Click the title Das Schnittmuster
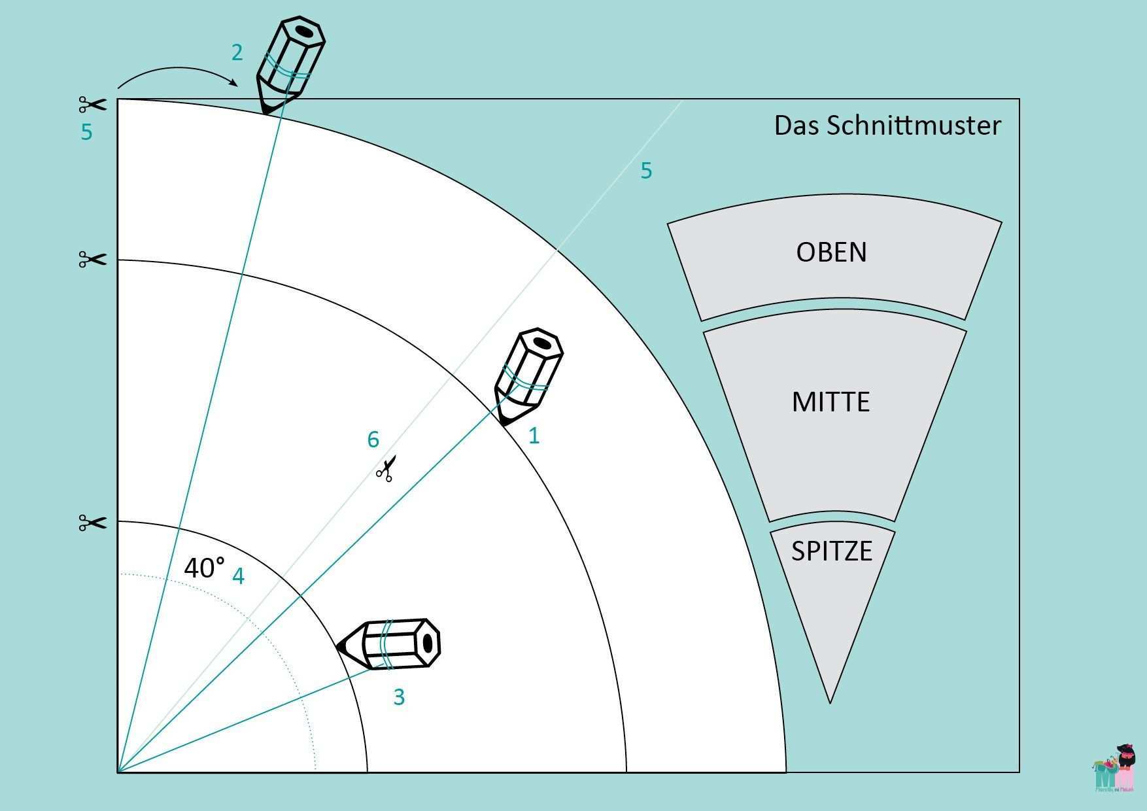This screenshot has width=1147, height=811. [887, 125]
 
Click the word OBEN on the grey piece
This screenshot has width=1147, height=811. [831, 252]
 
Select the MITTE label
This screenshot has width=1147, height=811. [830, 402]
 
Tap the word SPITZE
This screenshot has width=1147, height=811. [831, 551]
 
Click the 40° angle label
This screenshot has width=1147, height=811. [204, 568]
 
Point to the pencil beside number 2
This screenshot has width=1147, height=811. [289, 64]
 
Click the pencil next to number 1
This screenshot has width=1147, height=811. [528, 375]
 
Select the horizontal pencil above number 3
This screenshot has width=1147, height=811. [390, 644]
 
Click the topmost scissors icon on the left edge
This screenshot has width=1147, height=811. [92, 105]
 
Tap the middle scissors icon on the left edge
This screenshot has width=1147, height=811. [92, 260]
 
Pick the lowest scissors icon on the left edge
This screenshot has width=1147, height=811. [92, 523]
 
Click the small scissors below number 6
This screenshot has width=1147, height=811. [385, 470]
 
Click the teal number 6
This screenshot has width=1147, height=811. [373, 440]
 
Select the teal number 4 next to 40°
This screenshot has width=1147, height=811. [238, 576]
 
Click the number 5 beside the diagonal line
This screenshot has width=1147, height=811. [645, 171]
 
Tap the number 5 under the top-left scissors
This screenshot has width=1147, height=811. [86, 132]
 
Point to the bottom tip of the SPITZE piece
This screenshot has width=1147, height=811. [830, 702]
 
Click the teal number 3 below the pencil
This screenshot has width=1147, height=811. [399, 697]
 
